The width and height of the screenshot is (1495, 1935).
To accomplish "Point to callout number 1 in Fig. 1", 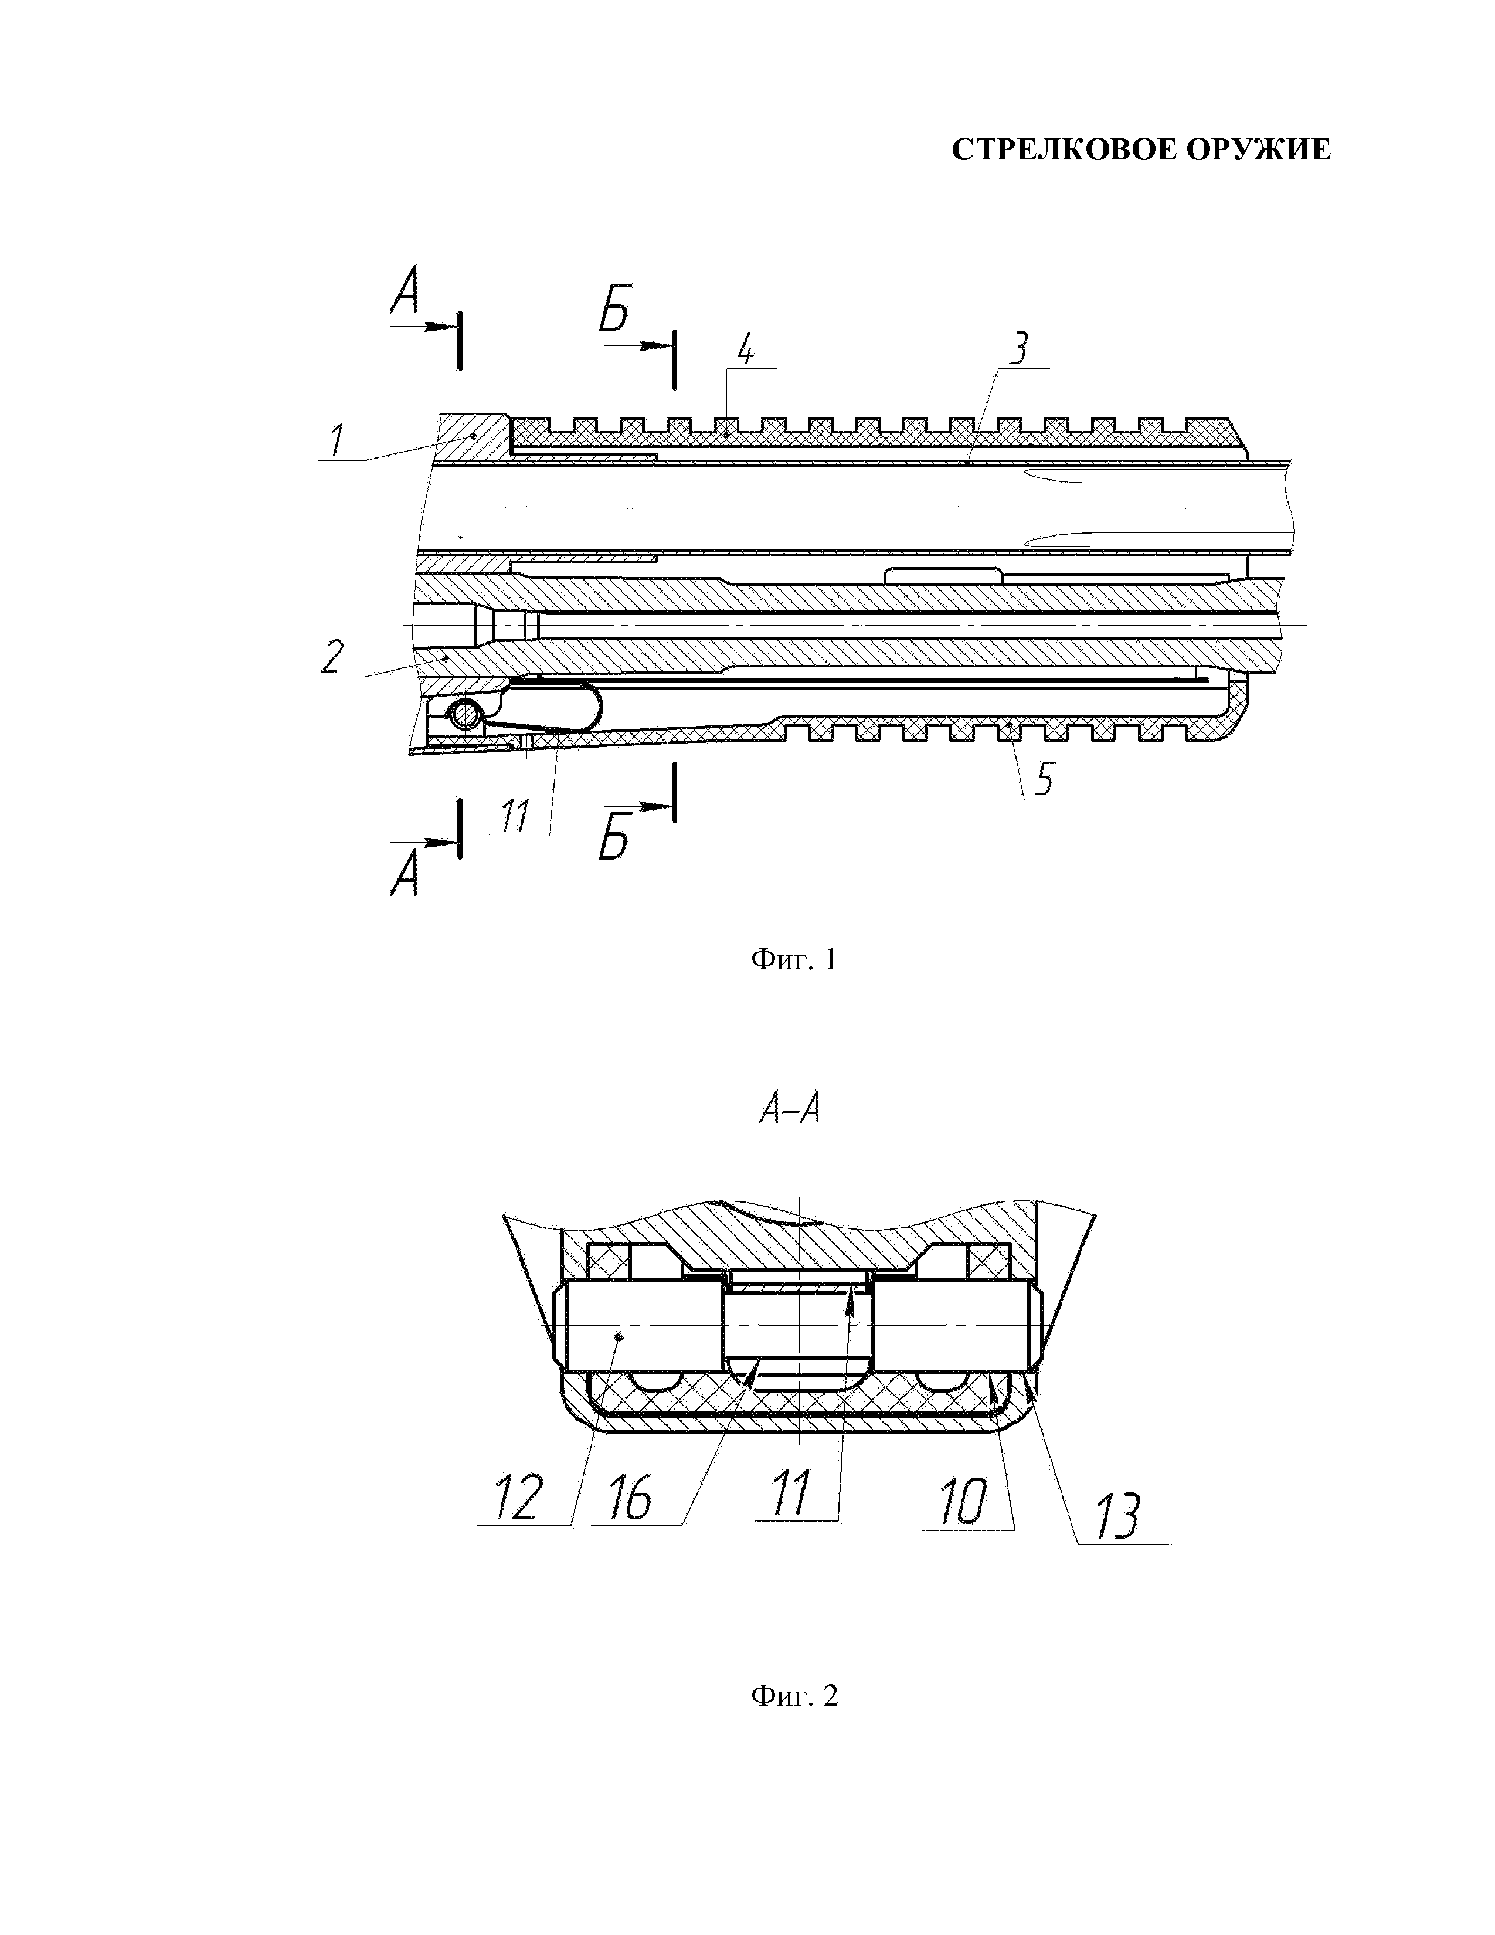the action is point(336,441).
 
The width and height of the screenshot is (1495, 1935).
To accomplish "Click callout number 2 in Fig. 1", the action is point(331,657).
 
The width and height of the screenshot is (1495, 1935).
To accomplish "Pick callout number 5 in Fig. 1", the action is point(1045,780).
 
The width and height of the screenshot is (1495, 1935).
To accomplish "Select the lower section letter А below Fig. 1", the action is point(404,877).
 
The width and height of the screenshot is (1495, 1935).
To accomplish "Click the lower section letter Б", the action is point(614,838).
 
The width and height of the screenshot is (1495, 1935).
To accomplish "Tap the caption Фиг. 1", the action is point(794,959).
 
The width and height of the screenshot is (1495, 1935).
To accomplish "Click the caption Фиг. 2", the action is point(794,1696).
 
